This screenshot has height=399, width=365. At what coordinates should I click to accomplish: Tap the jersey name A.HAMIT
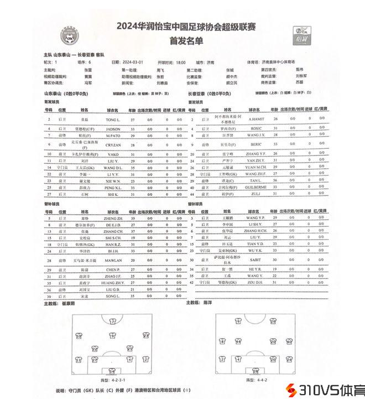(x=256, y=120)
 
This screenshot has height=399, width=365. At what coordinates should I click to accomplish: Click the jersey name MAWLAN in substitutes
(x=113, y=260)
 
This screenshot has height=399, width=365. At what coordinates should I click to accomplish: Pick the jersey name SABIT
(x=256, y=260)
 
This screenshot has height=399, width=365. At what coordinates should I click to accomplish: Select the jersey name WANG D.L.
(x=113, y=167)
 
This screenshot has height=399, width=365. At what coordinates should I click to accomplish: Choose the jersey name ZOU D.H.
(x=256, y=282)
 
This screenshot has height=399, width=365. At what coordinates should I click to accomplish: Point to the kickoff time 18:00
(x=180, y=63)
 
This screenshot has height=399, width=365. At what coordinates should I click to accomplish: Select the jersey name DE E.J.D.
(x=113, y=225)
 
